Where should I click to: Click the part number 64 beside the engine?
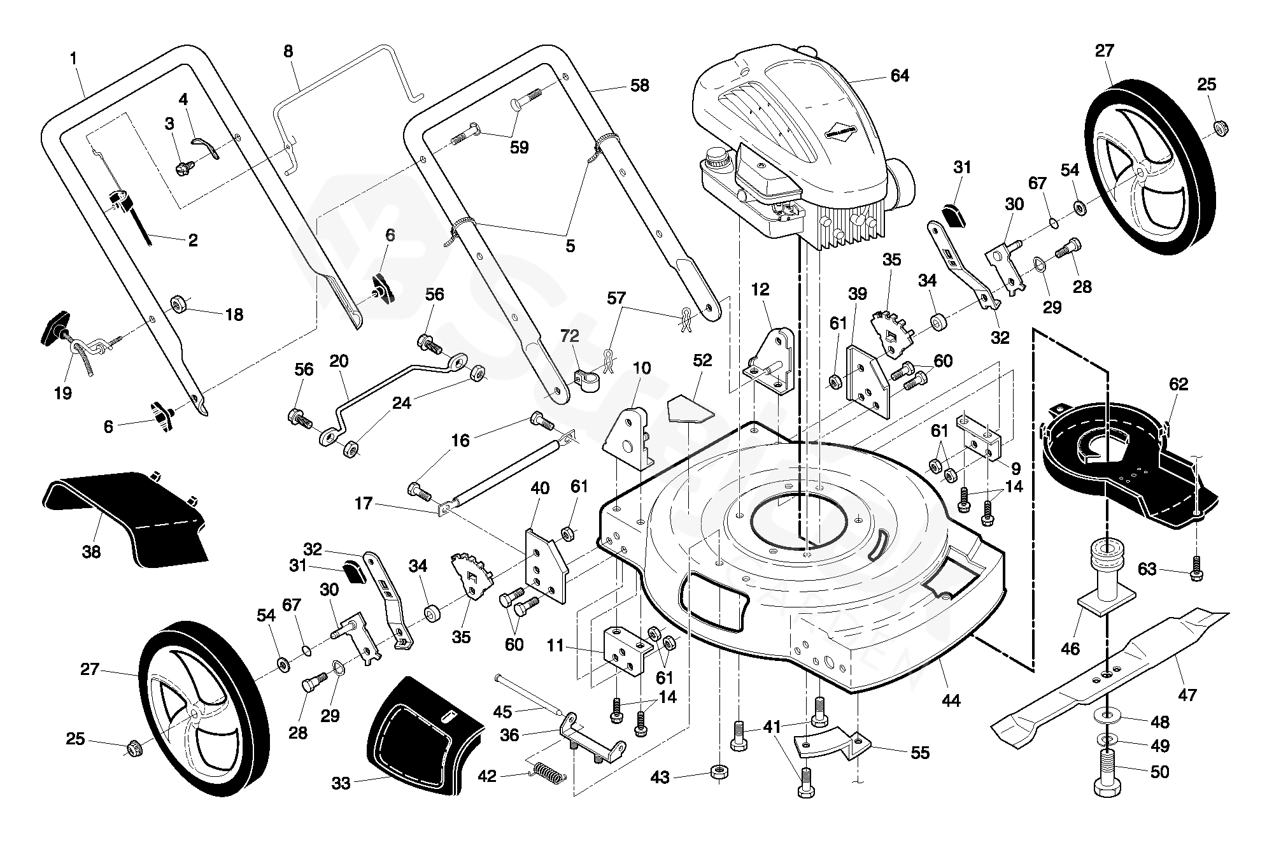pos(899,76)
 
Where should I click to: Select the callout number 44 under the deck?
pos(951,700)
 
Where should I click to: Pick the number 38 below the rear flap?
pos(91,551)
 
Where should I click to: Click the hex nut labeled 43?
pos(719,773)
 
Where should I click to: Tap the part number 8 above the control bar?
pos(288,51)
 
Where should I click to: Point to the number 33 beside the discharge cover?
pos(341,783)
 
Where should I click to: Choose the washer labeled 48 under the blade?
pos(1110,716)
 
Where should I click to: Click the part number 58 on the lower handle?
pos(639,85)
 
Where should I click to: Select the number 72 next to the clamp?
pos(570,334)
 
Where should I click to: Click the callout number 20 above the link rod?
pos(339,362)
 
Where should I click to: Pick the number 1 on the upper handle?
pos(73,59)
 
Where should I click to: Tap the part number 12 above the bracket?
pos(760,289)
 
